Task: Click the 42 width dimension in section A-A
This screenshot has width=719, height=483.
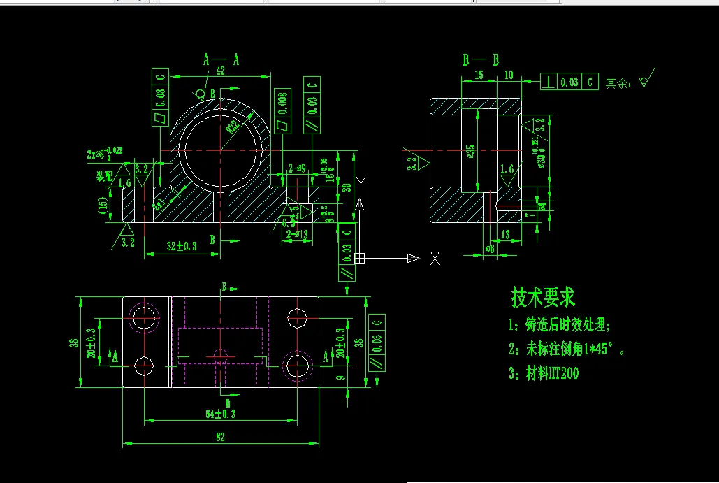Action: tap(220, 71)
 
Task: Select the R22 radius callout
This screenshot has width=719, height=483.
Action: tap(233, 126)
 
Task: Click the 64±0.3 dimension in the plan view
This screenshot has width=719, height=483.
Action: tap(220, 414)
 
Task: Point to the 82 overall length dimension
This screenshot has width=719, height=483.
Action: tap(220, 437)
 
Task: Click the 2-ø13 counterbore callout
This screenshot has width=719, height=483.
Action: tap(298, 234)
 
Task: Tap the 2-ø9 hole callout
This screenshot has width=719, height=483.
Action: tap(297, 168)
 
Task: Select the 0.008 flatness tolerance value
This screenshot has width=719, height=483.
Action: tap(282, 107)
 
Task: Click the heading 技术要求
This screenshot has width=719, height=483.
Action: tap(543, 298)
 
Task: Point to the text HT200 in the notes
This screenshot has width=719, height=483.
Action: tap(562, 373)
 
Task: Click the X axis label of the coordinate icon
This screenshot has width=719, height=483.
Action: tap(435, 259)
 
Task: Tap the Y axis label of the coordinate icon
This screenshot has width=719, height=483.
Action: tap(361, 183)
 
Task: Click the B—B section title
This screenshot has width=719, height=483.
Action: tap(481, 59)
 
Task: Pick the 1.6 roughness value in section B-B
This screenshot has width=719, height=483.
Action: tap(507, 169)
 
